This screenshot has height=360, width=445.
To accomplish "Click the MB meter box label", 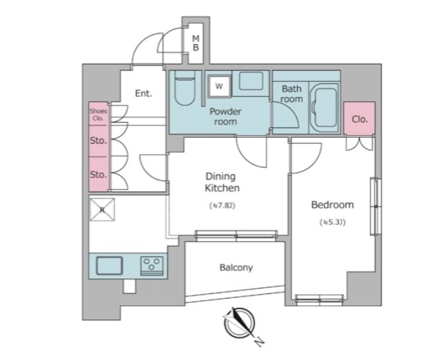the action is pyautogui.click(x=196, y=43).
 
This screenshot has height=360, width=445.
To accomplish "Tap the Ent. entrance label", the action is pyautogui.click(x=144, y=94).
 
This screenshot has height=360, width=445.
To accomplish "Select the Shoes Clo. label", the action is pyautogui.click(x=98, y=115).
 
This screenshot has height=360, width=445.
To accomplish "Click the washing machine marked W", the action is pyautogui.click(x=219, y=86).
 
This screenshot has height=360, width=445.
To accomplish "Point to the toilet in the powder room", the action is pyautogui.click(x=185, y=88).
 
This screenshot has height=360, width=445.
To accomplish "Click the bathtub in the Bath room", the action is pyautogui.click(x=324, y=108).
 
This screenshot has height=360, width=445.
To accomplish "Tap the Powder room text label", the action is pyautogui.click(x=225, y=117).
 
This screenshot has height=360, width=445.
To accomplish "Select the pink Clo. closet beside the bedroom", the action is pyautogui.click(x=359, y=119).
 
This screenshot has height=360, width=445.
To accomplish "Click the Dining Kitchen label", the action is pyautogui.click(x=222, y=182).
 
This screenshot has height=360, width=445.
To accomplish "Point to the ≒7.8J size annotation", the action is pyautogui.click(x=222, y=206).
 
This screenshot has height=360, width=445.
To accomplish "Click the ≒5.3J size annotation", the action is pyautogui.click(x=333, y=222).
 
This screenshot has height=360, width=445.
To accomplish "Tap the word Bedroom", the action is pyautogui.click(x=332, y=204).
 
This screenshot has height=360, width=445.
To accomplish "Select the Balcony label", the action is pyautogui.click(x=236, y=268).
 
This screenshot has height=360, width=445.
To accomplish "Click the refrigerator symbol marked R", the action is pyautogui.click(x=102, y=210).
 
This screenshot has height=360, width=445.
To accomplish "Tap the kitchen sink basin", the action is pyautogui.click(x=109, y=266).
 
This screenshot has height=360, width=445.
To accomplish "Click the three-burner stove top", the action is pyautogui.click(x=152, y=266).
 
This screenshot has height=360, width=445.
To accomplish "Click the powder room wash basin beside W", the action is pyautogui.click(x=251, y=81).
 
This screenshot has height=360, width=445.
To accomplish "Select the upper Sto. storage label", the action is pyautogui.click(x=98, y=140).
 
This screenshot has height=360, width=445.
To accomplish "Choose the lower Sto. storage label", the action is pyautogui.click(x=98, y=174).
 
